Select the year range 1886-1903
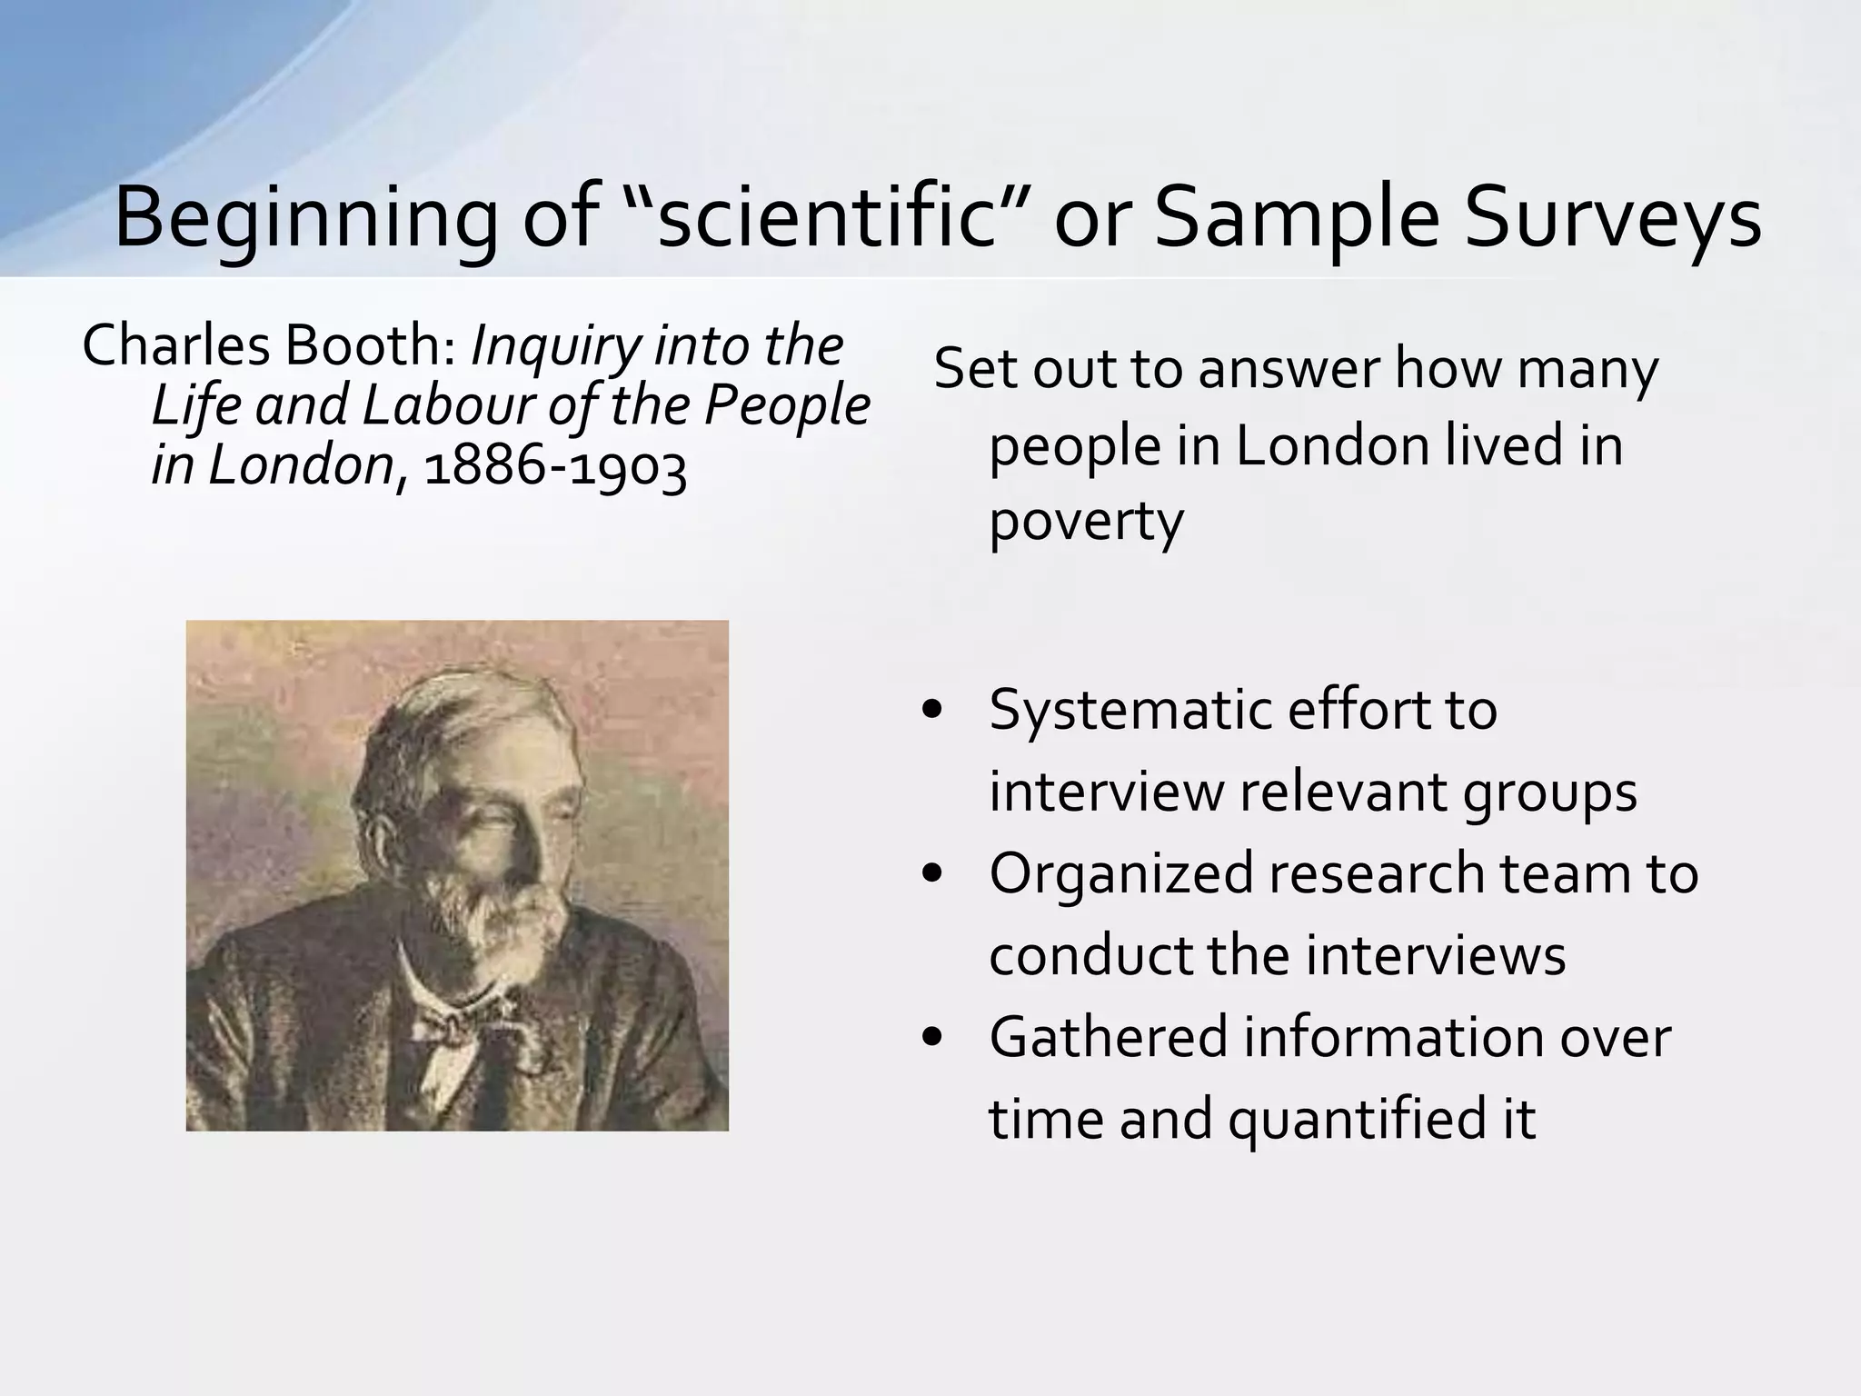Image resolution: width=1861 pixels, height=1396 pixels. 555,467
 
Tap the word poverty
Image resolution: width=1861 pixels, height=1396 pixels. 1086,522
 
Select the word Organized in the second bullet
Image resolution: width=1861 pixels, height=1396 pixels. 1122,873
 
